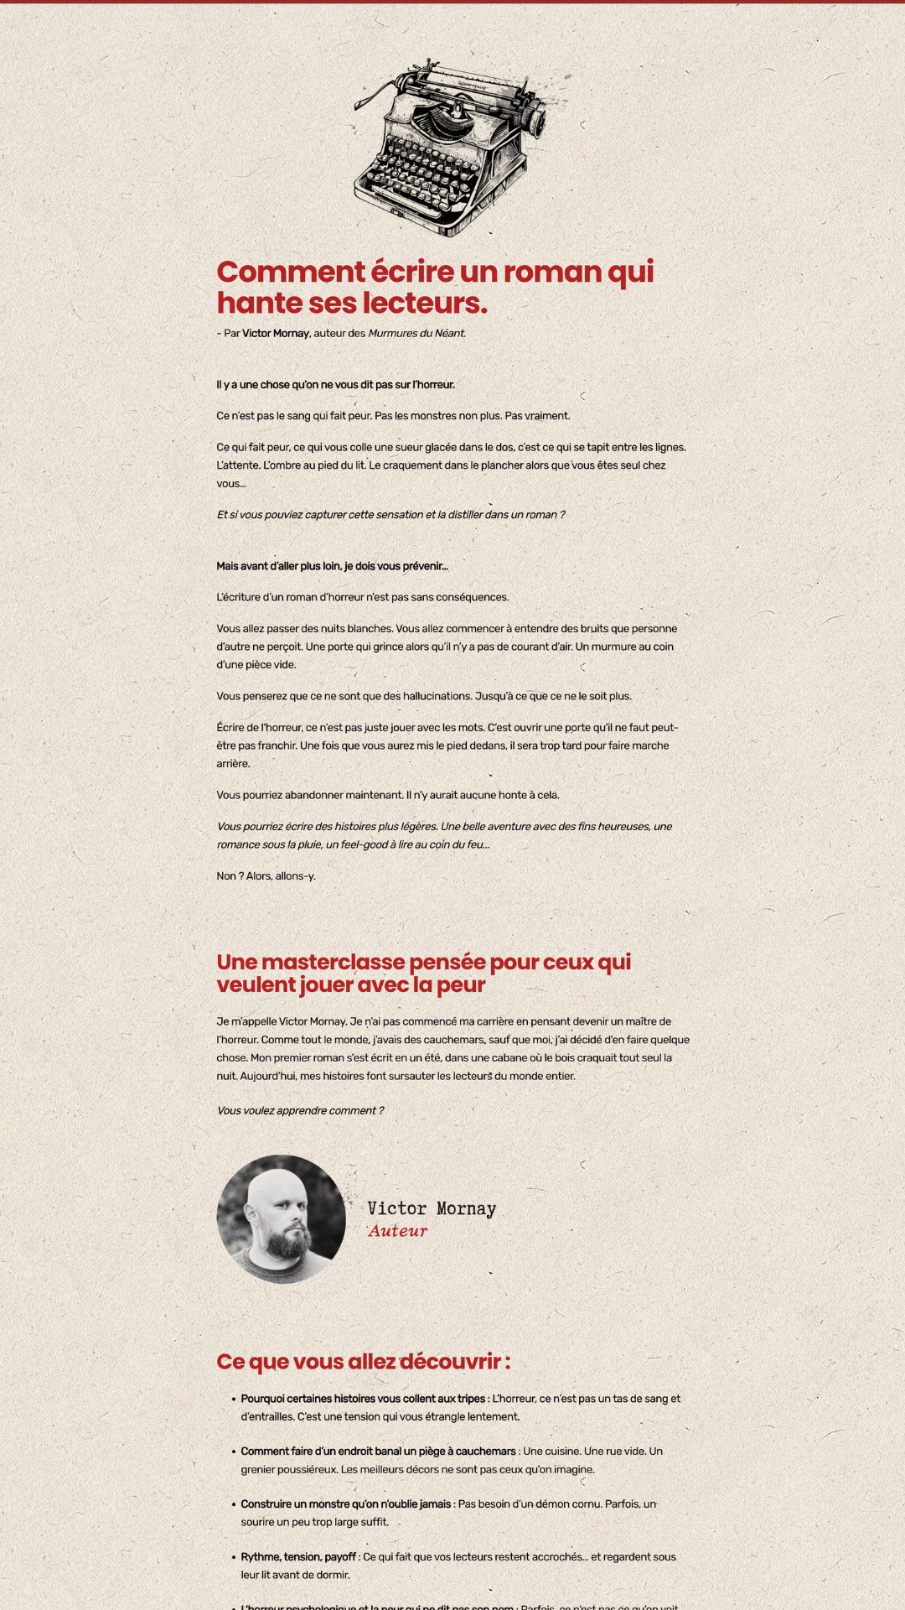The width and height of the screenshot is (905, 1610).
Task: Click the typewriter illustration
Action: (449, 148)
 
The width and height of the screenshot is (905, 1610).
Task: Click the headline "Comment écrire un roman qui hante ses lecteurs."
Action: (435, 287)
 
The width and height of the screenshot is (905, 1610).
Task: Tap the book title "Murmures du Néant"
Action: (416, 334)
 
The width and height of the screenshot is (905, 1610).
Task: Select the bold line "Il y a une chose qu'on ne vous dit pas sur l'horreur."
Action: (335, 385)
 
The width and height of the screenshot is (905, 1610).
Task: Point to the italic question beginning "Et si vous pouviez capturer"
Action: (390, 515)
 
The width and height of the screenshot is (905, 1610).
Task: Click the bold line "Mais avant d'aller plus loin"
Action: (332, 566)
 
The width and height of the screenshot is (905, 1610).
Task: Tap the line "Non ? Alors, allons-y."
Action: (266, 876)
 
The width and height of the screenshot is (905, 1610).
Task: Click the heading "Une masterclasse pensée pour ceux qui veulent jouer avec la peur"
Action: (423, 973)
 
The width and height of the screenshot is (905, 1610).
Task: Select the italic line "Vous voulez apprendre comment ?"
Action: (300, 1111)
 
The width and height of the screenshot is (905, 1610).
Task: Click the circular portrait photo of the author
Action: (281, 1219)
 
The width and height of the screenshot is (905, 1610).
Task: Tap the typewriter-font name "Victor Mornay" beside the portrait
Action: (432, 1208)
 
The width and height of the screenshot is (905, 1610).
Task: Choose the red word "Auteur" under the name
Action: (398, 1231)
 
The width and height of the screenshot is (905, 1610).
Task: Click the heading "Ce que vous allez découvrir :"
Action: (363, 1362)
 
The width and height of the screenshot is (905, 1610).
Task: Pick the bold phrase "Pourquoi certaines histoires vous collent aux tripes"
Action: (363, 1399)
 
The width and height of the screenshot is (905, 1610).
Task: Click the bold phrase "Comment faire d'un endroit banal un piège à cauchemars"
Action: (378, 1452)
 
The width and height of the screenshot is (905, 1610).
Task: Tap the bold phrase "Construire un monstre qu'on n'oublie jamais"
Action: (345, 1504)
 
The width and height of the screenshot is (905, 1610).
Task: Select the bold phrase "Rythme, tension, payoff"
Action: (298, 1557)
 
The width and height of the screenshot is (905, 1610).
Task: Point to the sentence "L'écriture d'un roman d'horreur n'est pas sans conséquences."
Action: (363, 598)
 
